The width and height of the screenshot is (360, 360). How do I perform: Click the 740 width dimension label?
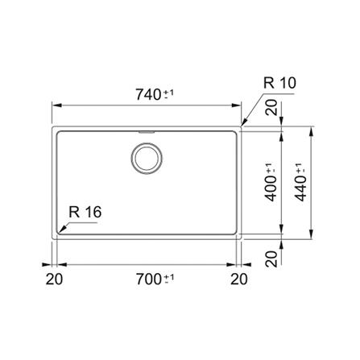148,94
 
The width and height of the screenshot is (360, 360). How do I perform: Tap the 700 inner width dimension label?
149,279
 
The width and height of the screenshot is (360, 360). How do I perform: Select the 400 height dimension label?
271,188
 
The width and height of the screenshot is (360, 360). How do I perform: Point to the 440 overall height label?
301,188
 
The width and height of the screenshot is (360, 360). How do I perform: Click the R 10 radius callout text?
279,83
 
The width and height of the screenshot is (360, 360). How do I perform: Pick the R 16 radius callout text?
85,212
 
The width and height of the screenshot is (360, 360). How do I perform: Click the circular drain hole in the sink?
147,158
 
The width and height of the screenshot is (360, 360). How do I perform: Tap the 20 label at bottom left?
54,279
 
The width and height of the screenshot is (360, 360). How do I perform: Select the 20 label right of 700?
239,279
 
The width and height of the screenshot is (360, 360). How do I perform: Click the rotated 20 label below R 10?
271,107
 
